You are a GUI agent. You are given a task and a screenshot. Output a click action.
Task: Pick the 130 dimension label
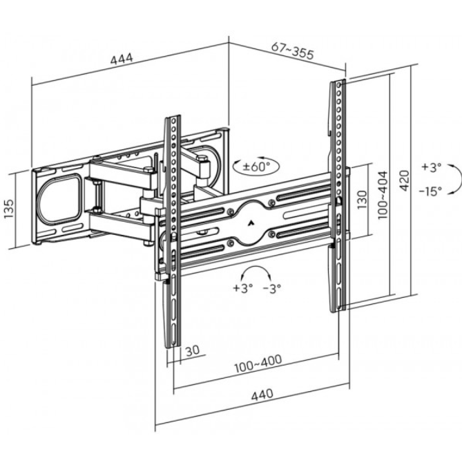[361, 202]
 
